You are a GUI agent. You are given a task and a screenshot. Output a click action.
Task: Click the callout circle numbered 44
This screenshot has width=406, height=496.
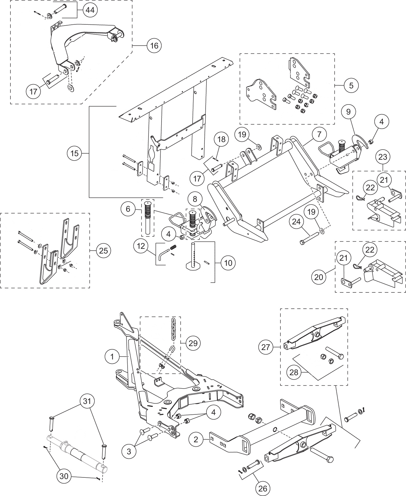[x=90, y=10]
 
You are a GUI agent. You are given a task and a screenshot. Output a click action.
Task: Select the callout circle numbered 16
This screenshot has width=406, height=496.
[x=154, y=46]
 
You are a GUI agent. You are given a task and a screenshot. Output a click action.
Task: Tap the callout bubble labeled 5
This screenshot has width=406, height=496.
[x=351, y=85]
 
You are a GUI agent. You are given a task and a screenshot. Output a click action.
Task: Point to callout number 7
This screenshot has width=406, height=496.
[x=319, y=134]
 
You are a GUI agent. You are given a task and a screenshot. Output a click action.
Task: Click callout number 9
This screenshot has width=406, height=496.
[x=348, y=112]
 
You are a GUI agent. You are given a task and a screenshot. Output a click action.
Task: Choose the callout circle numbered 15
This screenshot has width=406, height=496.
[x=75, y=153]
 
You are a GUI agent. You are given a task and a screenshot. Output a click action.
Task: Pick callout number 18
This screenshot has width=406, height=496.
[x=221, y=139]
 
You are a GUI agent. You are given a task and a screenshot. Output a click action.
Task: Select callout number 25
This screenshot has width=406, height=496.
[x=104, y=250]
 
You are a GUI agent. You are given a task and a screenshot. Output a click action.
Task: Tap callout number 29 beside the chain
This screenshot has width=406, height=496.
[x=193, y=343]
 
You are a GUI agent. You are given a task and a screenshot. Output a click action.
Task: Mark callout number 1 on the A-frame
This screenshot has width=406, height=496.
[x=112, y=357]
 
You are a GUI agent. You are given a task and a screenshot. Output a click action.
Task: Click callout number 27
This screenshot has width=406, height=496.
[x=266, y=347]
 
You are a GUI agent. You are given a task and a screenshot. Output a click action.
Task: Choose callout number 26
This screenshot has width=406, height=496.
[x=263, y=488]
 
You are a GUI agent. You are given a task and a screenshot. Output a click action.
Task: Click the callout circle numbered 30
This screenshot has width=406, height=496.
[x=64, y=476]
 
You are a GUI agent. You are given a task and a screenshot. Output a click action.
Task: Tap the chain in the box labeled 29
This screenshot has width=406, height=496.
[x=173, y=330]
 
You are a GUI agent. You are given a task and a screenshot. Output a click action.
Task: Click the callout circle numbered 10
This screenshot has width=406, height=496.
[x=228, y=263]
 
